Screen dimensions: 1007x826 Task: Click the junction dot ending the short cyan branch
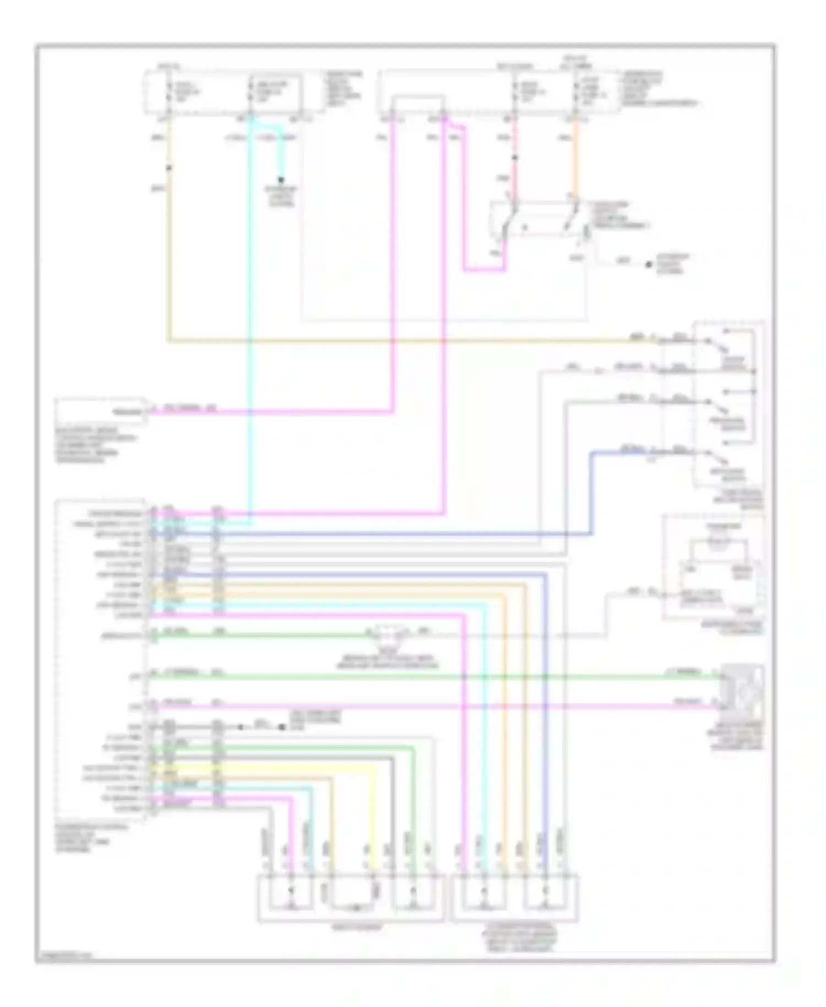tap(281, 180)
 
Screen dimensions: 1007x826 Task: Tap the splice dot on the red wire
tap(515, 158)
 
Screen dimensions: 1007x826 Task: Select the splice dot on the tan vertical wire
tap(169, 167)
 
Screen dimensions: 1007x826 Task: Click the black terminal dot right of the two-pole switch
tap(649, 265)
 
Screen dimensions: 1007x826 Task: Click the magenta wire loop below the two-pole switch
tap(485, 270)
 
